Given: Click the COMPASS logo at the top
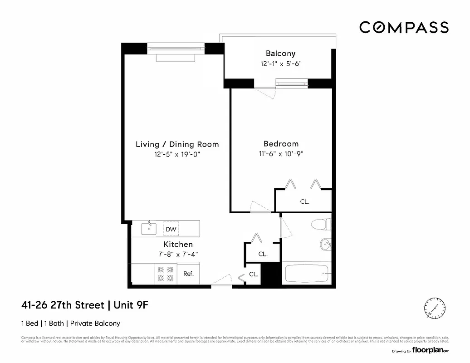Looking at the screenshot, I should click(404, 27).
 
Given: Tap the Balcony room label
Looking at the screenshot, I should click(280, 54).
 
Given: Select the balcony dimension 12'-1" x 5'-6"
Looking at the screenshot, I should click(281, 64).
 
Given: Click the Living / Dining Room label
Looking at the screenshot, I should click(177, 144).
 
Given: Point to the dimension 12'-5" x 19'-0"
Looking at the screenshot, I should click(177, 155).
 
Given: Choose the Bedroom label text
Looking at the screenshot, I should click(281, 143).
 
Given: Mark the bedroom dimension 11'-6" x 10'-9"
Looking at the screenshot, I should click(281, 153).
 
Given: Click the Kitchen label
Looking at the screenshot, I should click(178, 245).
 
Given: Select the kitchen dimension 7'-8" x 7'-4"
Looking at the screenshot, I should click(178, 254).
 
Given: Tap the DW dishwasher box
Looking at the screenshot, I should click(171, 229).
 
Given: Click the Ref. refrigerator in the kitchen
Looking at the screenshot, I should click(188, 274).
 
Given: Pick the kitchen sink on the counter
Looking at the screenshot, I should click(148, 228).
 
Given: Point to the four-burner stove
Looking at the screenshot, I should click(165, 274).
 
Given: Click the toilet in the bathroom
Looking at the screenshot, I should click(322, 225).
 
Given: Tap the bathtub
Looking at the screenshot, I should click(307, 274).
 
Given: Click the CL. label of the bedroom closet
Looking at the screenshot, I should click(305, 202).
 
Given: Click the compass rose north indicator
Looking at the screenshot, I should click(435, 308).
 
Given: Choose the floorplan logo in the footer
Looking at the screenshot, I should click(431, 351).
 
